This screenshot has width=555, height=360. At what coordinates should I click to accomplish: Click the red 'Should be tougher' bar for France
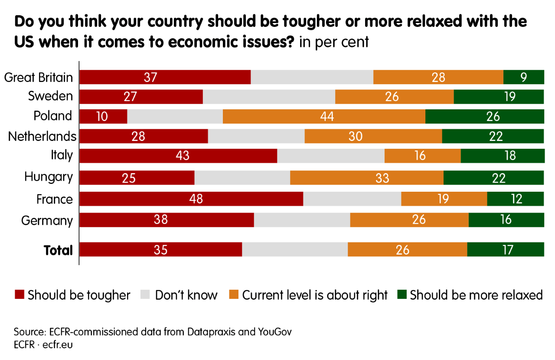(x=191, y=199)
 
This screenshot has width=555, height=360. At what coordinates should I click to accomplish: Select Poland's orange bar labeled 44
(x=324, y=116)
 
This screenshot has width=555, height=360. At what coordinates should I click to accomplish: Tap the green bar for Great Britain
(x=523, y=77)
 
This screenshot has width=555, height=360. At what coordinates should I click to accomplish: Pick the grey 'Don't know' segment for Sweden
(x=269, y=96)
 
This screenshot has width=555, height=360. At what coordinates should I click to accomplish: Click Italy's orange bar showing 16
(x=422, y=155)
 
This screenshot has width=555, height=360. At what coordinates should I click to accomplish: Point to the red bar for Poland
(x=103, y=116)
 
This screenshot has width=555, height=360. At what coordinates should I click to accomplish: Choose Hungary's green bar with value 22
(x=493, y=177)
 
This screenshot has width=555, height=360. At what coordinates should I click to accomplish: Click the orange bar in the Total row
(x=407, y=250)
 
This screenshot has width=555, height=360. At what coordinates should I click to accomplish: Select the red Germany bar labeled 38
(x=167, y=220)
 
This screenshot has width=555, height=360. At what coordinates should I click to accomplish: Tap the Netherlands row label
(x=42, y=137)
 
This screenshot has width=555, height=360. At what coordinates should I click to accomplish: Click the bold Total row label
(x=58, y=250)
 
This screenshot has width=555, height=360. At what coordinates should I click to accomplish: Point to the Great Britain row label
(x=39, y=78)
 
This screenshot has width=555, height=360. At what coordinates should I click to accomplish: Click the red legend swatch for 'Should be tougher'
(x=20, y=295)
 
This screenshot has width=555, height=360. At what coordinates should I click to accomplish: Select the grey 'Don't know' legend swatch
(x=146, y=295)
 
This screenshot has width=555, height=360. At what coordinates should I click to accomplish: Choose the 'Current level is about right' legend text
(x=315, y=295)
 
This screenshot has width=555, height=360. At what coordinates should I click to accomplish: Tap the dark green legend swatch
(x=402, y=295)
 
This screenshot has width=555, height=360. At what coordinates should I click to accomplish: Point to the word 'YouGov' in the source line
(x=275, y=332)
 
